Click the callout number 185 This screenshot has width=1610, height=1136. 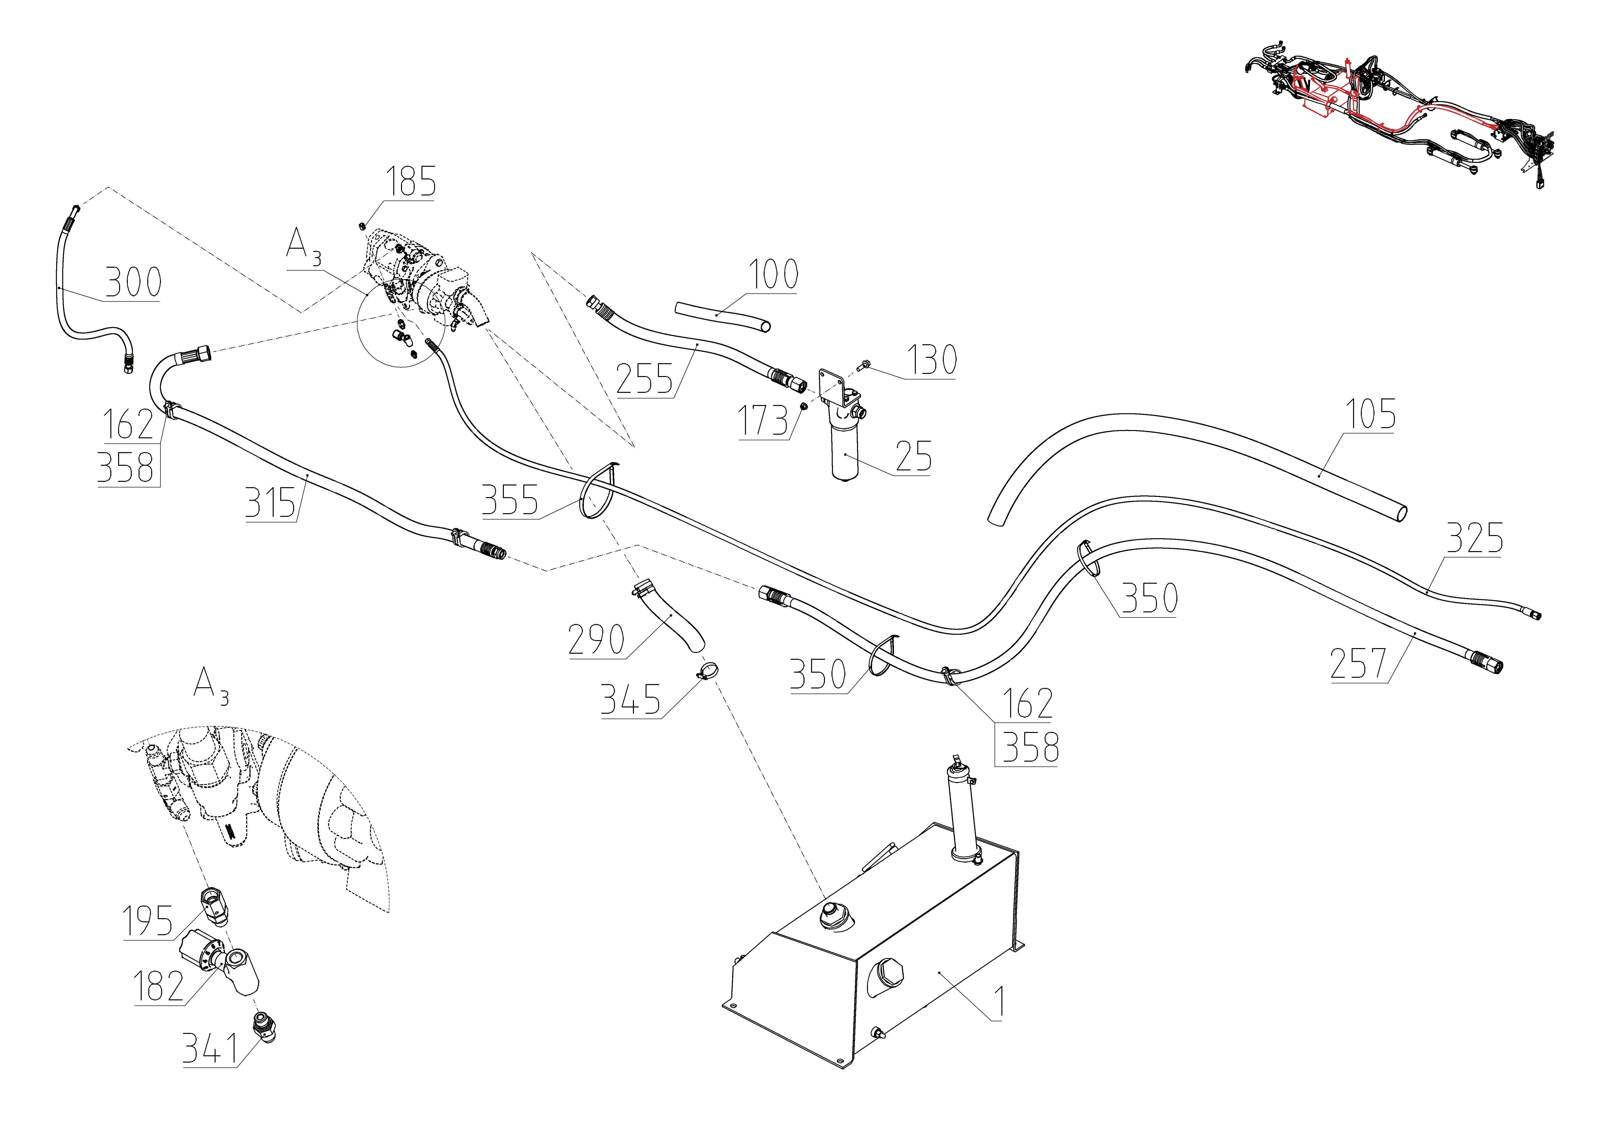[x=410, y=182]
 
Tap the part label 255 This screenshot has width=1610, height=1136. [x=644, y=379]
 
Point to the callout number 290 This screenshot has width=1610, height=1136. [x=596, y=640]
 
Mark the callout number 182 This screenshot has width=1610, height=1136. [x=158, y=987]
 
